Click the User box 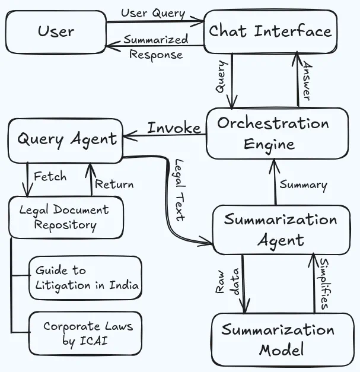click(x=56, y=32)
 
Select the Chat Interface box click(x=270, y=31)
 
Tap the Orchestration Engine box click(x=277, y=133)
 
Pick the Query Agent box click(x=66, y=141)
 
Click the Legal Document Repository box click(x=66, y=217)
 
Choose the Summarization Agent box click(x=281, y=230)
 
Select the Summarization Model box click(x=283, y=339)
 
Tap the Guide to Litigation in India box click(x=85, y=278)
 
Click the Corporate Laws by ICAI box click(x=85, y=333)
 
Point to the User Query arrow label click(x=153, y=13)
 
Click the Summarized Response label click(x=156, y=47)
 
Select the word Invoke click(x=174, y=128)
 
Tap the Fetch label click(x=50, y=176)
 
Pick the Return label click(x=114, y=185)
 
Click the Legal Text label click(x=179, y=190)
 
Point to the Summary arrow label click(x=303, y=185)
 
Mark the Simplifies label click(x=324, y=284)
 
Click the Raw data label click(x=227, y=282)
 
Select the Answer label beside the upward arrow click(x=307, y=81)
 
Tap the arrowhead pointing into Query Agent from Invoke click(x=130, y=136)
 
